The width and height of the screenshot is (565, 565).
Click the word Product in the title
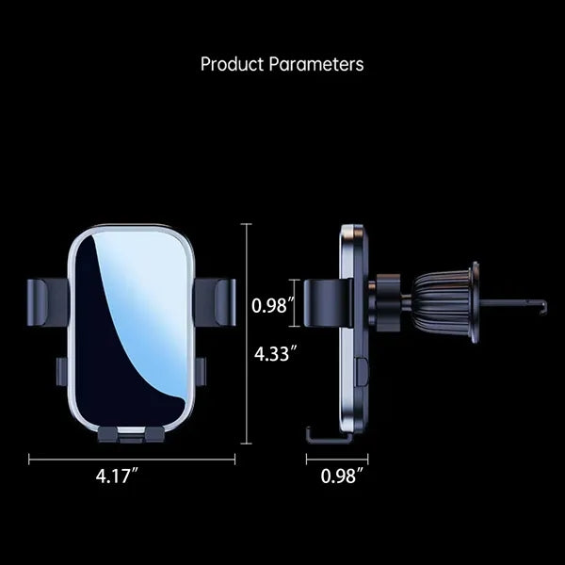click(232, 64)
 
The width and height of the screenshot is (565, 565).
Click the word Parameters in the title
click(316, 64)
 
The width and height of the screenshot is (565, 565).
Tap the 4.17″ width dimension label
click(117, 476)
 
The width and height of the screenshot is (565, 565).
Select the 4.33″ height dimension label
click(275, 353)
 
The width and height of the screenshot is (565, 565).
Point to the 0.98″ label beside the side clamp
click(273, 305)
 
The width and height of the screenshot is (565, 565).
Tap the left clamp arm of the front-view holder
click(48, 302)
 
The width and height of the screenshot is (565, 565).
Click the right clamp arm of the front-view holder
click(216, 302)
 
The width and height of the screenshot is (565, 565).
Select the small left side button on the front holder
click(61, 372)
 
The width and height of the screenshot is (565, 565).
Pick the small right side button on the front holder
click(202, 372)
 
